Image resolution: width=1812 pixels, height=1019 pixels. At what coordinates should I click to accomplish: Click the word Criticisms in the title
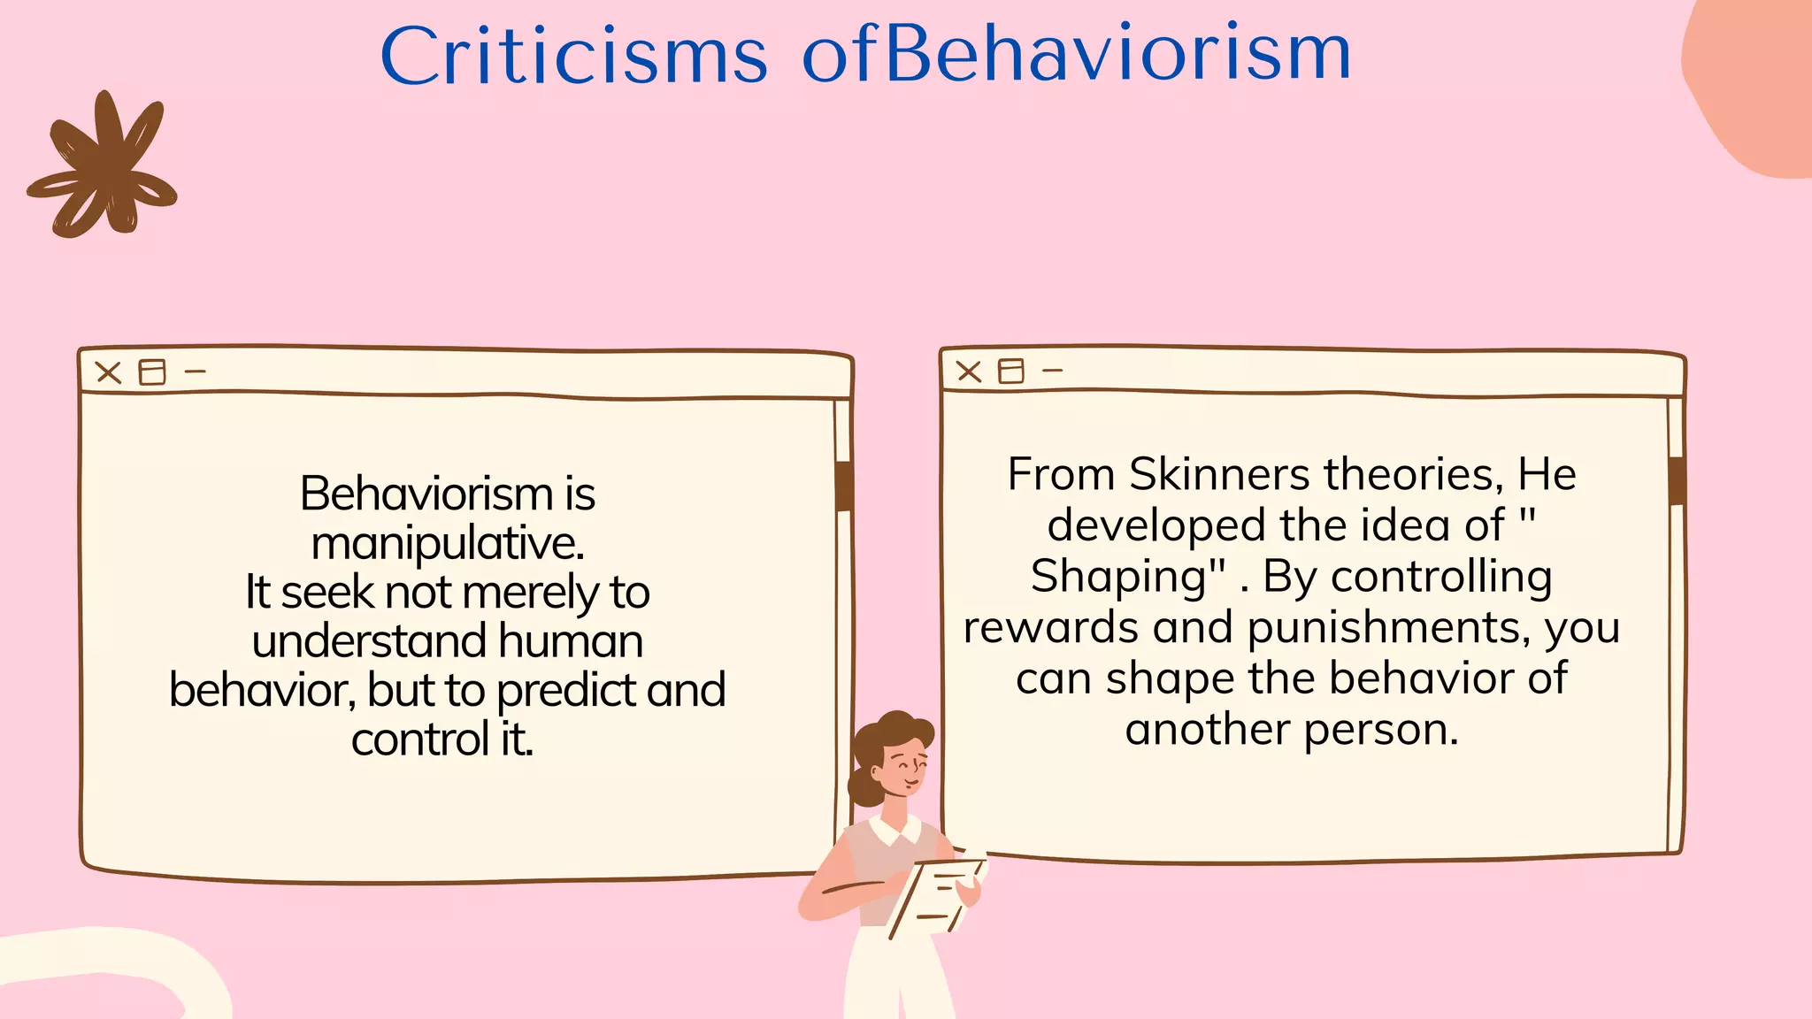573,55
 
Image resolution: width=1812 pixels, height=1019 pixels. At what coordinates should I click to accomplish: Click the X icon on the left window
109,372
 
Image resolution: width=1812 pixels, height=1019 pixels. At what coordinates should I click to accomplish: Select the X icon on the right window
969,372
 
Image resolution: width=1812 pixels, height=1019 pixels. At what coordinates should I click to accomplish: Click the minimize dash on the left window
196,372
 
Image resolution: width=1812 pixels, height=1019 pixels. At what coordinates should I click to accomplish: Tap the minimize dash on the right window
1052,371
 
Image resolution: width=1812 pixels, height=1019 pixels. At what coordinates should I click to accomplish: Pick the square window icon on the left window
152,372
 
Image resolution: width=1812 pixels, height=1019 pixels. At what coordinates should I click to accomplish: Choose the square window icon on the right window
1010,371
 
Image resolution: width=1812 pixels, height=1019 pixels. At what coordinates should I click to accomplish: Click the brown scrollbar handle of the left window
844,486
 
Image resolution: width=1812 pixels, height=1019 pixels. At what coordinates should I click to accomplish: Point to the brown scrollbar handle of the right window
1676,480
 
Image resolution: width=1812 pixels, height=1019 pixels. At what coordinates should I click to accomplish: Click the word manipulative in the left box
447,543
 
